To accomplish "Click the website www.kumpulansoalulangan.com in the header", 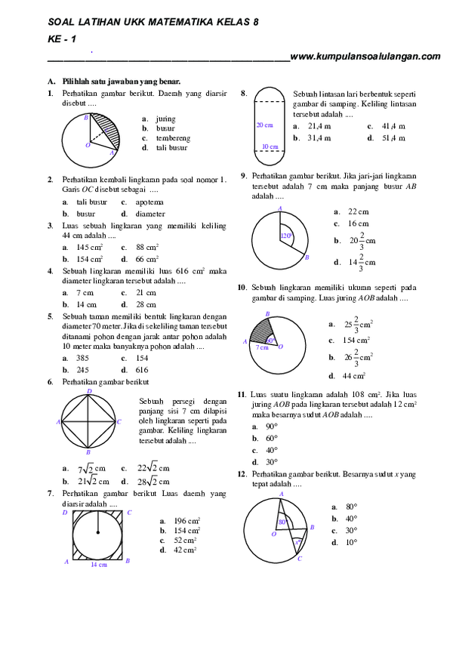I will [365, 56].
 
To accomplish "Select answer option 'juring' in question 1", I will [165, 119].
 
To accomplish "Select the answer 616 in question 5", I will [142, 370].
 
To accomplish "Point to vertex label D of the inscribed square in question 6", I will [89, 391].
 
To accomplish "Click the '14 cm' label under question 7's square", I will [98, 564].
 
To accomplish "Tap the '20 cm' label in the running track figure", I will [264, 125].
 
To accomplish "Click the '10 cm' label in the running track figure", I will [270, 146].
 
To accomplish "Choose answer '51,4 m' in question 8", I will [392, 138].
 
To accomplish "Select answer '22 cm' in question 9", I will [358, 212].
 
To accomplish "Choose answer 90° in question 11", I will [272, 427].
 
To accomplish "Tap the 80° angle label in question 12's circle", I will [283, 522].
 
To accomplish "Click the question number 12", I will [242, 473].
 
